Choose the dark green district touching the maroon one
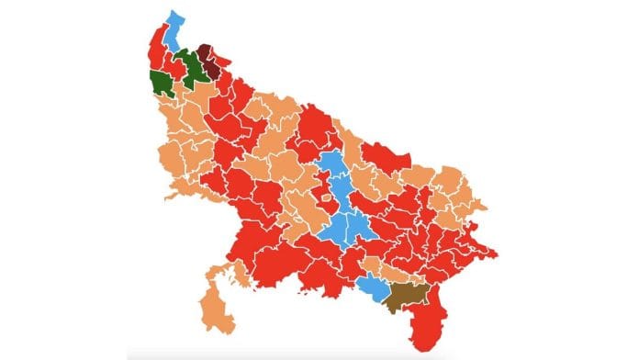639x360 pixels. pos(192,67)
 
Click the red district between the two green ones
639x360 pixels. pos(174,73)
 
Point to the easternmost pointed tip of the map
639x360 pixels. pos(497,253)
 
